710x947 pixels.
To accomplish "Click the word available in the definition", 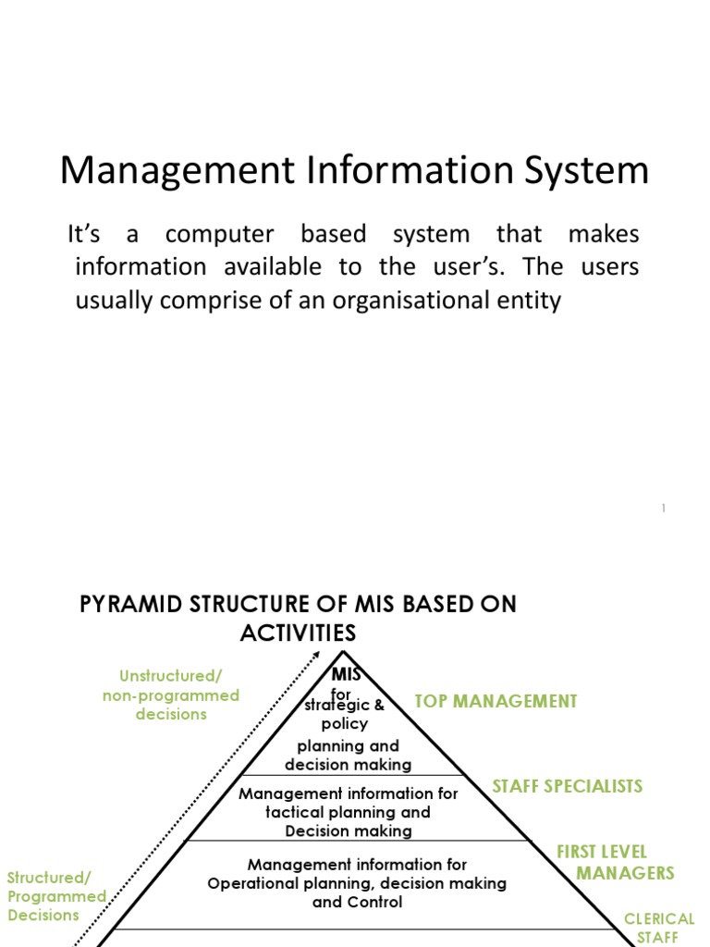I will tap(274, 267).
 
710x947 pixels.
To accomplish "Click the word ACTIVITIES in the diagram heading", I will tap(298, 633).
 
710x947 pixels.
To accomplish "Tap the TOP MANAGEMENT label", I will tap(496, 701).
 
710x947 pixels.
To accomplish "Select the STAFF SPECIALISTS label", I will tap(567, 786).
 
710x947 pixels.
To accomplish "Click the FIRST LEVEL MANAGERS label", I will tap(615, 862).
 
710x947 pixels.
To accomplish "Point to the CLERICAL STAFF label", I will tap(659, 928).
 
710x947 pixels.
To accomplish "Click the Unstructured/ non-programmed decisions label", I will tap(171, 695).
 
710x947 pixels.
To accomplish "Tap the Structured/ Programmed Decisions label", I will tap(55, 896).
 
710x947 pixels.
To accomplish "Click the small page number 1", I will tap(664, 508).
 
